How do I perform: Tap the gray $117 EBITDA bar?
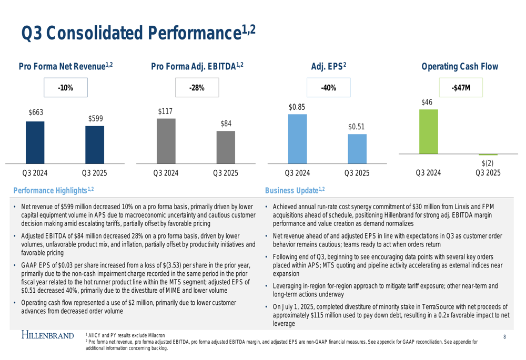(166, 140)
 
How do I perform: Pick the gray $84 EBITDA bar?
(226, 147)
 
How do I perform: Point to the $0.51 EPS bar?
(357, 148)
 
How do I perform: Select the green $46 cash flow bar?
(428, 132)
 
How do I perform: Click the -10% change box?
(65, 88)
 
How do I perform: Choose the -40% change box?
(328, 88)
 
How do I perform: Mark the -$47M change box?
(460, 88)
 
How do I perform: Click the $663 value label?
(36, 112)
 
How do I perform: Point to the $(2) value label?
(488, 163)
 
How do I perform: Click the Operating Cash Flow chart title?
(460, 67)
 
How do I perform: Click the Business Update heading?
(295, 190)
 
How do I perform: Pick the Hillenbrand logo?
(47, 334)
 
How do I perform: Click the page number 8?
(504, 336)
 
